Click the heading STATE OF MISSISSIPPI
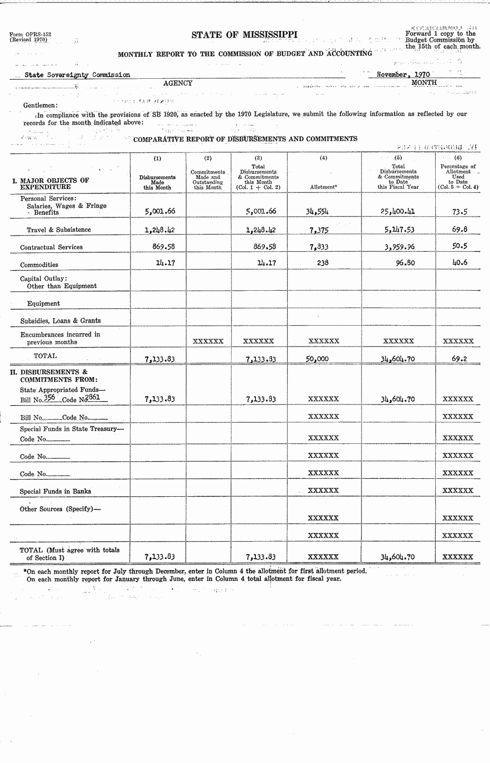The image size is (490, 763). coord(245,34)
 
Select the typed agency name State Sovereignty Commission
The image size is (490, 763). coord(77,75)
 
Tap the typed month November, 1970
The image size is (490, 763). coord(403,75)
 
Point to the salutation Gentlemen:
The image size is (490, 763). coord(40,105)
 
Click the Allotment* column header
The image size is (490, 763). coord(323,187)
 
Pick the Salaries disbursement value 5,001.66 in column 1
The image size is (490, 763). coord(160,211)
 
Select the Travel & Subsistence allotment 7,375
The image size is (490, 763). coord(319,230)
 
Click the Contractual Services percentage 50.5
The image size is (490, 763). coord(459,246)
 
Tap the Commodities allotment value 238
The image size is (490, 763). coord(323,263)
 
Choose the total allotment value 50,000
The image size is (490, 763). coord(317,359)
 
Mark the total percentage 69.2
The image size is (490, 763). coord(459,359)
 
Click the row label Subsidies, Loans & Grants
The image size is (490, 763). coord(60,321)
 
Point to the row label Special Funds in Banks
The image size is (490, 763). coord(55,491)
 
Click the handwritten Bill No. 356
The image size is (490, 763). coord(49,397)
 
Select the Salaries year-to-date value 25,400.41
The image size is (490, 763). coord(397,211)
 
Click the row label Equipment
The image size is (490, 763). coord(43,303)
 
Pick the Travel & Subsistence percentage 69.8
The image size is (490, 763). coord(459,230)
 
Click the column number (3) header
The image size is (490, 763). coord(258,158)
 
